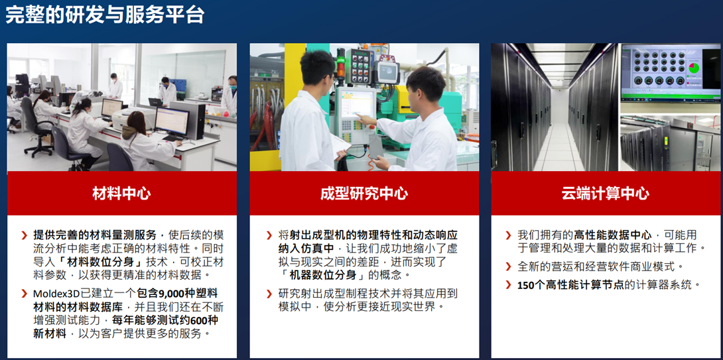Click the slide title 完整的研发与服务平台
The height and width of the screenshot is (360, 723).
(105, 15)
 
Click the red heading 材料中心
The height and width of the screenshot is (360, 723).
(122, 193)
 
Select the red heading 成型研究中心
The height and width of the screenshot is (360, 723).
(364, 193)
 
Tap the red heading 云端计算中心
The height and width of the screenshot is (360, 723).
(606, 193)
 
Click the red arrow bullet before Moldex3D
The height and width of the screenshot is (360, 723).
(24, 294)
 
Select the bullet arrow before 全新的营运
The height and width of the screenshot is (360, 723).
(508, 267)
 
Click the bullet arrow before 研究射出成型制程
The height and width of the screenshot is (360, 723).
(269, 294)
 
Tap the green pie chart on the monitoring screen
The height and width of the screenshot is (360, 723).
(694, 68)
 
